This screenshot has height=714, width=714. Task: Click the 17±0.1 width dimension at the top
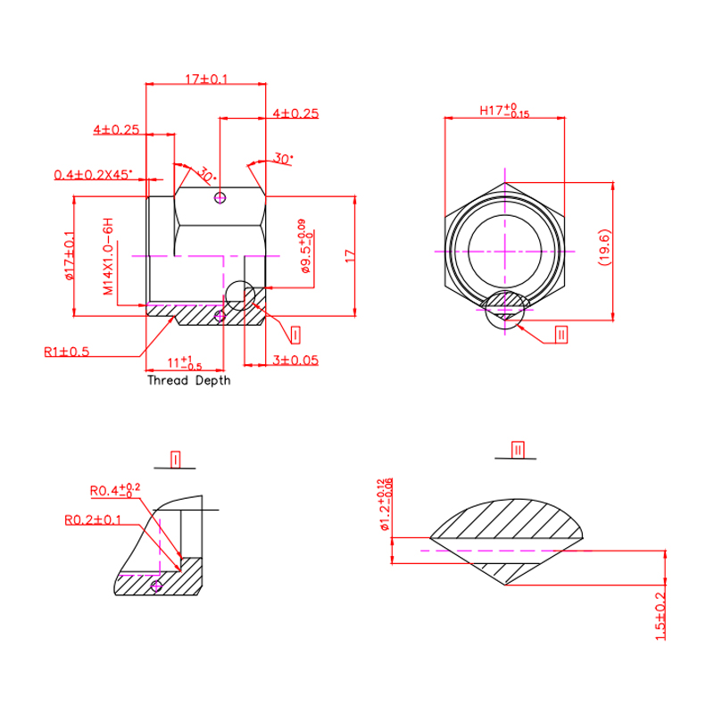(206, 79)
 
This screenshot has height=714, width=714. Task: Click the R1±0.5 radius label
(66, 351)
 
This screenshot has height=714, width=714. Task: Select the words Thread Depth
(188, 380)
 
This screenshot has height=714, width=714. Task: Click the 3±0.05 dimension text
(295, 361)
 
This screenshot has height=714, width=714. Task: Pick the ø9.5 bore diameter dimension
(305, 246)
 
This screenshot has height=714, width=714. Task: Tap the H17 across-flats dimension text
(504, 112)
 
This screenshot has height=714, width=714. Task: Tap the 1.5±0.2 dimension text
(661, 617)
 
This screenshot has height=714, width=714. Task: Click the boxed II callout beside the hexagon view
(561, 335)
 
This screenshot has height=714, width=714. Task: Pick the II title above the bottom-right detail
(517, 449)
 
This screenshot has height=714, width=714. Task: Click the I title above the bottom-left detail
(176, 460)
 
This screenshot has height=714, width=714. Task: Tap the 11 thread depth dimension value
(186, 362)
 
